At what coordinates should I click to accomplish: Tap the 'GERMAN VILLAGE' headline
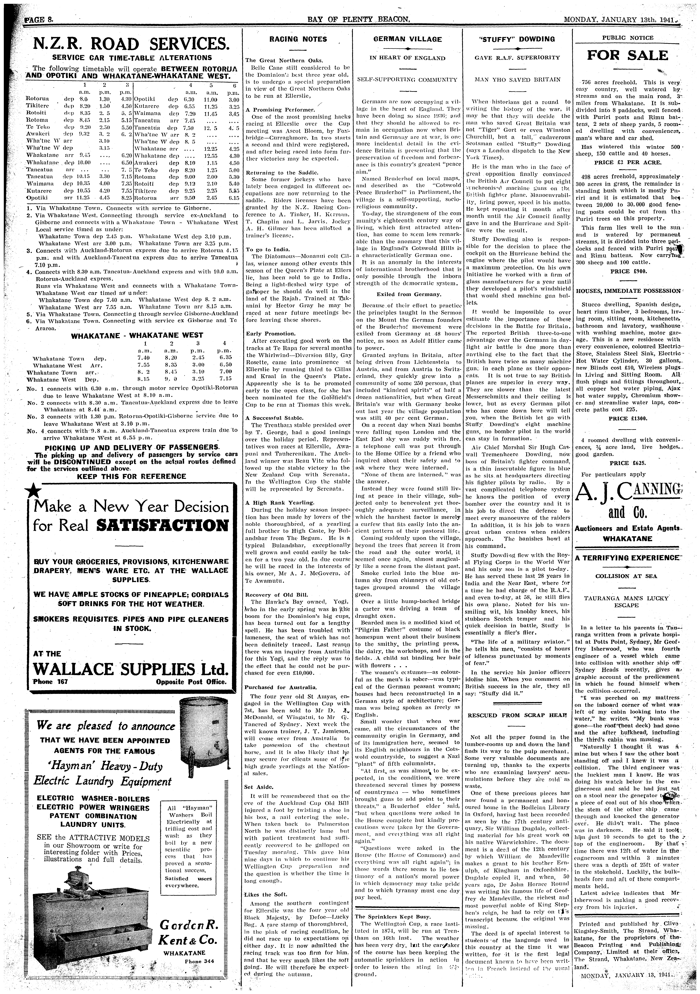pyautogui.click(x=408, y=39)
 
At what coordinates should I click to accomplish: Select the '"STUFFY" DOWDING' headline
pyautogui.click(x=517, y=39)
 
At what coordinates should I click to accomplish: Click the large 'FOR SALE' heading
pyautogui.click(x=627, y=55)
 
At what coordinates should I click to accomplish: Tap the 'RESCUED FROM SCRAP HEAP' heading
pyautogui.click(x=517, y=715)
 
